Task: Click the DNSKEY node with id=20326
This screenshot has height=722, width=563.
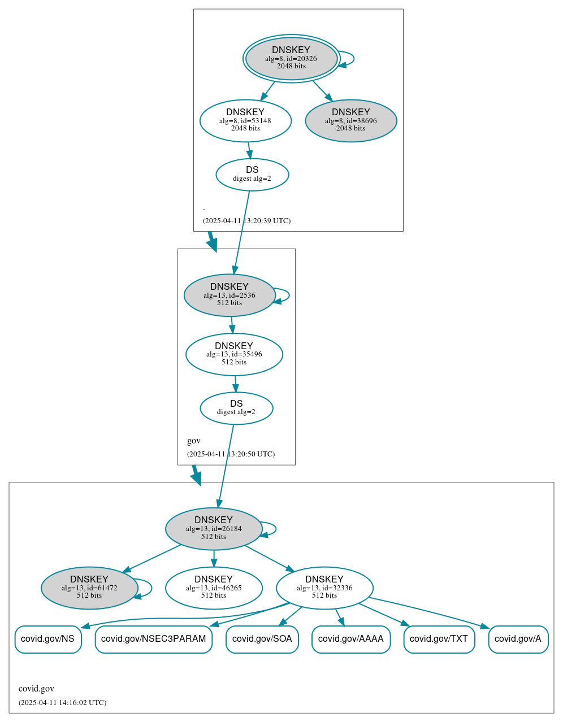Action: (x=291, y=58)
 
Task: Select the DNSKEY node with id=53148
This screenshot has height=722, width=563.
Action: (x=245, y=120)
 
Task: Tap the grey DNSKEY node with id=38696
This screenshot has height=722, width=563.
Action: (x=350, y=120)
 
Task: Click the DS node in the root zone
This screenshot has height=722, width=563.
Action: (x=252, y=175)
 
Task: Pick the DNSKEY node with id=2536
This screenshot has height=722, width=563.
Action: (x=229, y=295)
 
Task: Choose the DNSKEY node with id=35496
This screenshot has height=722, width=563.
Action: (x=234, y=354)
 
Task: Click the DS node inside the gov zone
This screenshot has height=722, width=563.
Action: (x=236, y=408)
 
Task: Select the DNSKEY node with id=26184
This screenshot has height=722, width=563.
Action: (x=214, y=529)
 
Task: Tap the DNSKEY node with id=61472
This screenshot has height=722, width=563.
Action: (x=89, y=588)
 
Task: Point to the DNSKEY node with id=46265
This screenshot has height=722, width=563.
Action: (x=214, y=588)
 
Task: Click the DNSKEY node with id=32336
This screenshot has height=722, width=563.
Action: (x=324, y=588)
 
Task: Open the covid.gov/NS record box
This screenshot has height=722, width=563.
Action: (x=48, y=639)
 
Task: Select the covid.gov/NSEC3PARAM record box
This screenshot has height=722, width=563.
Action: (x=154, y=639)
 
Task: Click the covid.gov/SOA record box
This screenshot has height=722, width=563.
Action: (x=262, y=639)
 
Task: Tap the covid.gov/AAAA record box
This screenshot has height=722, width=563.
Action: (x=351, y=639)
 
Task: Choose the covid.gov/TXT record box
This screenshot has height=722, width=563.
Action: (x=439, y=639)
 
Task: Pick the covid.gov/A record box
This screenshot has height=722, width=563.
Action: (x=518, y=639)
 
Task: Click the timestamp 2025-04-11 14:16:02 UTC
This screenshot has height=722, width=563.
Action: (x=62, y=703)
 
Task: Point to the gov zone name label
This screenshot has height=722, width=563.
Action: (x=194, y=441)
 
